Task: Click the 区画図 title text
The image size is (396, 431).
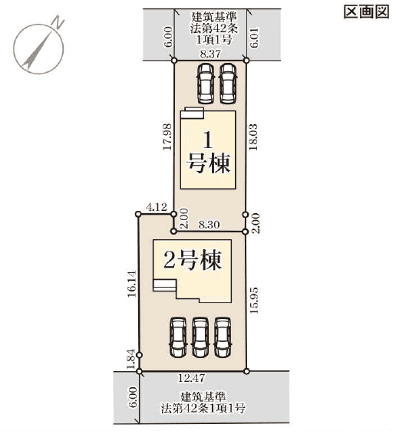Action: [367, 12]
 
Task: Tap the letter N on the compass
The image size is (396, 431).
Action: [58, 22]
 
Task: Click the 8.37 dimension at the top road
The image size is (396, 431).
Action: [210, 54]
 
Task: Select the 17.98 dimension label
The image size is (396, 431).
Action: [167, 137]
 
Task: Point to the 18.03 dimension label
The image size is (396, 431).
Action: [253, 137]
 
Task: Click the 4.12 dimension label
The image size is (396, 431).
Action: [157, 207]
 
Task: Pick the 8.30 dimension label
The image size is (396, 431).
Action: [210, 225]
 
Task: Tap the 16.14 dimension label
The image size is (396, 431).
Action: [132, 284]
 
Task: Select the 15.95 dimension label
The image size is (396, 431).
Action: [254, 300]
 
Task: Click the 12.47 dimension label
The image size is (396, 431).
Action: [191, 378]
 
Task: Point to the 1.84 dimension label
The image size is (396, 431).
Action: [131, 359]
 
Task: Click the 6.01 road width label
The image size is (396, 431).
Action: [255, 37]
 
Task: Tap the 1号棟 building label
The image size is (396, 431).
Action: [208, 152]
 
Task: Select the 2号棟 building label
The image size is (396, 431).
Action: [193, 260]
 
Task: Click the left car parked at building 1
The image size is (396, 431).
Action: [206, 84]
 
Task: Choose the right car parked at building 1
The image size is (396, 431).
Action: [228, 84]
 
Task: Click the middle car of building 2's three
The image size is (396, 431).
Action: [200, 337]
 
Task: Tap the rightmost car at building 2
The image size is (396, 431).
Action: [223, 337]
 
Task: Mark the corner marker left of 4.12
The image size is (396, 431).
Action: [138, 214]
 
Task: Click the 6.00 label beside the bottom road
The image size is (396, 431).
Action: [133, 397]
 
